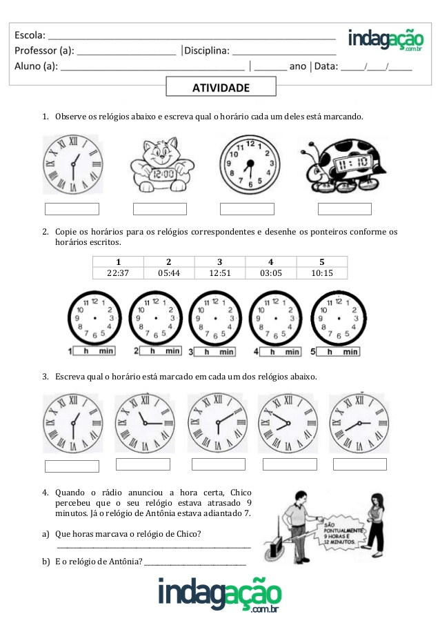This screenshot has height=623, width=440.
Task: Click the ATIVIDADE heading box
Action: click(x=221, y=88)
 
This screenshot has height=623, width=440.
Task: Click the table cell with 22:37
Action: click(x=118, y=273)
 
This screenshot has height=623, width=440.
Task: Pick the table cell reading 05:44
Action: click(x=169, y=273)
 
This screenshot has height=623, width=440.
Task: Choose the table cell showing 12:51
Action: click(x=220, y=273)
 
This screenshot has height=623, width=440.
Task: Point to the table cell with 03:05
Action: click(x=271, y=273)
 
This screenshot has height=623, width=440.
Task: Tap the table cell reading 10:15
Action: click(x=322, y=273)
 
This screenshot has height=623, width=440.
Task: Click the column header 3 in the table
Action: click(x=220, y=261)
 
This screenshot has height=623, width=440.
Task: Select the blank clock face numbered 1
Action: click(x=94, y=318)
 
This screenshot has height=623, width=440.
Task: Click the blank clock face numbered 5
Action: click(x=339, y=318)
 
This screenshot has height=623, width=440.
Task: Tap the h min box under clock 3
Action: click(x=214, y=352)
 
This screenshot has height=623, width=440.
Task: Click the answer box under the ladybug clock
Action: click(x=344, y=209)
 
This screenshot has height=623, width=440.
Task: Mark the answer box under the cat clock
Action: click(x=160, y=209)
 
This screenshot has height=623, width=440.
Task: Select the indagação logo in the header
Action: click(x=386, y=40)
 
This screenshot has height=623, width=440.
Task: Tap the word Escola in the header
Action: click(x=30, y=34)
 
